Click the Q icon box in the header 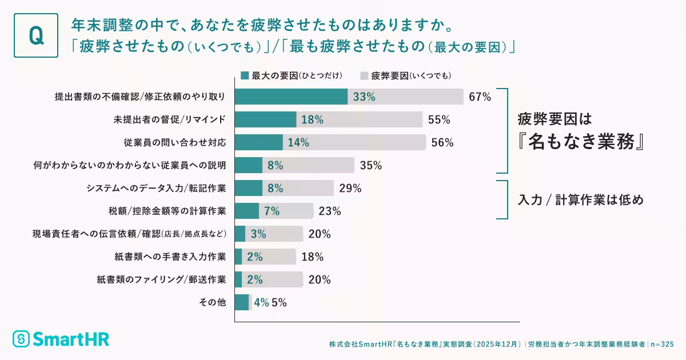point(35,35)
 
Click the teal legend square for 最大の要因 point(245,75)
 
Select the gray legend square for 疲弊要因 point(364,75)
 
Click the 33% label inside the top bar point(364,97)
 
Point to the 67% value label point(480,97)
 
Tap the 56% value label point(442,143)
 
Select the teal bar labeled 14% point(259,143)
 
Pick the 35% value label point(371,166)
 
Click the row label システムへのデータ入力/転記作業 point(156,188)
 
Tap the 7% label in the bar point(272,211)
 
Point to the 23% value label point(330,211)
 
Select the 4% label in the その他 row point(261,303)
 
